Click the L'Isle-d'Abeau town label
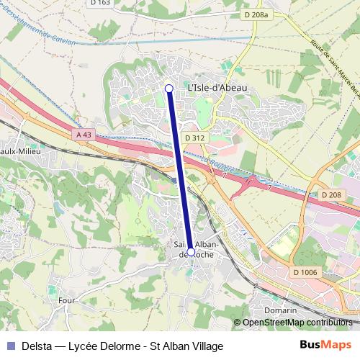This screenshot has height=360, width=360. (217, 88)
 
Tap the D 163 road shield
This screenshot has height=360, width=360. (102, 3)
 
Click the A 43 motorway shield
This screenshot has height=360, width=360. (83, 134)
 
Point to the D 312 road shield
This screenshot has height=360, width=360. (194, 138)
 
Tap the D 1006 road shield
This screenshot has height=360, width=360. (306, 271)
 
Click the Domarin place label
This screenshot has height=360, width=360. (281, 310)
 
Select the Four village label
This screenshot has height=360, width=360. (66, 299)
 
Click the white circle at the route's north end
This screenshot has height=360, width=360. (169, 89)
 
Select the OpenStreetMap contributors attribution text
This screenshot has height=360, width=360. (297, 322)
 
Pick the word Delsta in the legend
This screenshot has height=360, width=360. (36, 346)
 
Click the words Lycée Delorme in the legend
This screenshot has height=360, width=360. (102, 346)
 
